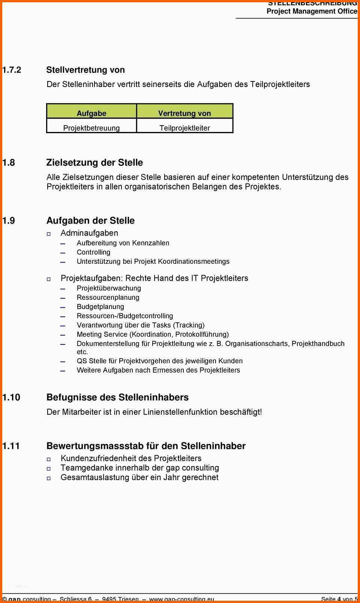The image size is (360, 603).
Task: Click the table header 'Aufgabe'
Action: [91, 113]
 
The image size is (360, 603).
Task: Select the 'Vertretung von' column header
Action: [184, 113]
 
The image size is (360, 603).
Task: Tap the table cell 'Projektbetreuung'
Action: [91, 128]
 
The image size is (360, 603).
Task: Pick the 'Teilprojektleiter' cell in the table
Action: [184, 128]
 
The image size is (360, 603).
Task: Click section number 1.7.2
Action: [12, 70]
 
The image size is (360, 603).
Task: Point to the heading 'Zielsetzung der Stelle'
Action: [94, 163]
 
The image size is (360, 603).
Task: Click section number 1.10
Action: [11, 397]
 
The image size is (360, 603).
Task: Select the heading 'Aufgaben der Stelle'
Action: [90, 221]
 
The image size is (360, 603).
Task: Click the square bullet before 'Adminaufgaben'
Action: [49, 234]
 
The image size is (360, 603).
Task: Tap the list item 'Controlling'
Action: [93, 253]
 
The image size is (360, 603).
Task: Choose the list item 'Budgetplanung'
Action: [100, 307]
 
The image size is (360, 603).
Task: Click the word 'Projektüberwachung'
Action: [109, 289]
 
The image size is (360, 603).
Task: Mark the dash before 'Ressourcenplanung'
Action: [63, 298]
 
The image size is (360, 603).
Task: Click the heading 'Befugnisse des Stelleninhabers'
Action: [117, 397]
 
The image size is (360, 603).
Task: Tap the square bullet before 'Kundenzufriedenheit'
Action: [49, 459]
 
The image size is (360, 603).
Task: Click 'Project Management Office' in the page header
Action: [312, 11]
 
